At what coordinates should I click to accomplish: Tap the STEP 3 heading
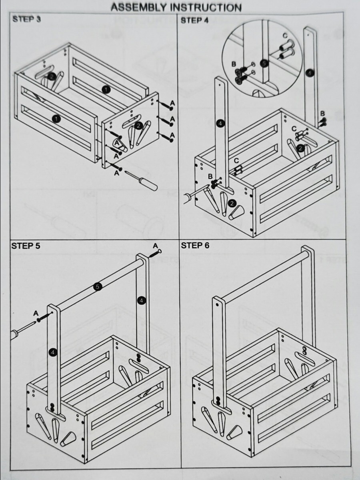tap(26, 19)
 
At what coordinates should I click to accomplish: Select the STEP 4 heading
tap(194, 20)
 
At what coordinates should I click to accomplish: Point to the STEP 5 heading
tap(26, 246)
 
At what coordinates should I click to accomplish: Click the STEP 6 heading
tap(195, 246)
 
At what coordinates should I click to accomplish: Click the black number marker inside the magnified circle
tap(263, 63)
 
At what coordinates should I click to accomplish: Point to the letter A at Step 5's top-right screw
tap(155, 246)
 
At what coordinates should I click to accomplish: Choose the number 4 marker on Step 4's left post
tap(220, 124)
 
